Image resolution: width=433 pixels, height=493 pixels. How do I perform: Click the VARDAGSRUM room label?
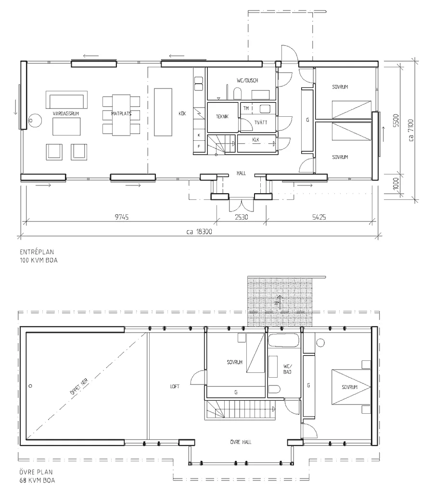tap(67, 113)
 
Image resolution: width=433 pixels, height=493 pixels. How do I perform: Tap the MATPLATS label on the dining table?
tap(121, 114)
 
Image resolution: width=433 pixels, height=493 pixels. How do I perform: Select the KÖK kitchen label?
tap(182, 114)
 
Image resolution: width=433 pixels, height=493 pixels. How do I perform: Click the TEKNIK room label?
tap(222, 116)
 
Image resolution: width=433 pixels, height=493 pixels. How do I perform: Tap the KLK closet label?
tap(256, 139)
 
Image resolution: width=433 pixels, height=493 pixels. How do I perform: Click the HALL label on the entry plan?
tap(241, 172)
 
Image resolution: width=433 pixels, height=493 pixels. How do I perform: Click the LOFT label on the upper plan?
tap(174, 386)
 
